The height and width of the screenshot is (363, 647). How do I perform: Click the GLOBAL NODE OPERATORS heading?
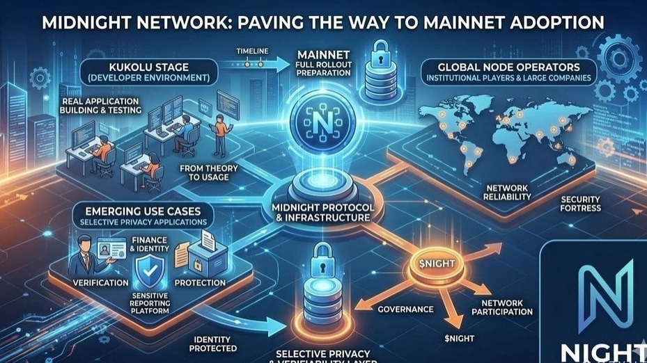click(x=508, y=67)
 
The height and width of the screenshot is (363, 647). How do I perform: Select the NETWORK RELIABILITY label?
click(x=506, y=193)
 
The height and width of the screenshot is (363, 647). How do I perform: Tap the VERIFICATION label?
click(x=100, y=283)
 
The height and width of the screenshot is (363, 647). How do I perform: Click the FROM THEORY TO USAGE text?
click(x=208, y=173)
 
